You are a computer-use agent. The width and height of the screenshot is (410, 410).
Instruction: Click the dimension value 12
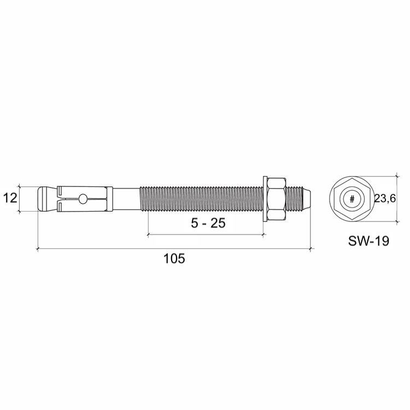(10, 198)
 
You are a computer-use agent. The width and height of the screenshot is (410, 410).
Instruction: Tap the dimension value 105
(174, 259)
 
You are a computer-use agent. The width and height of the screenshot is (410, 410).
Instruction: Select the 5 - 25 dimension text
(208, 223)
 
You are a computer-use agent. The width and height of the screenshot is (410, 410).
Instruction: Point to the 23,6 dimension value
(385, 199)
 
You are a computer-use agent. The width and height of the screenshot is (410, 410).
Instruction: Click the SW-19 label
(368, 241)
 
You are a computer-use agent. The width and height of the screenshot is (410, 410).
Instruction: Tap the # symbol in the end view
(352, 200)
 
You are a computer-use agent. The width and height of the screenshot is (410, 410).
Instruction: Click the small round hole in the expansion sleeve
(83, 198)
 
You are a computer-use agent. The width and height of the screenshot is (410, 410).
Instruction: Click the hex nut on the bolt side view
(277, 199)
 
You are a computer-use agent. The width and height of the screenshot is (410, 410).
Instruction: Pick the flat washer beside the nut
(265, 199)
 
